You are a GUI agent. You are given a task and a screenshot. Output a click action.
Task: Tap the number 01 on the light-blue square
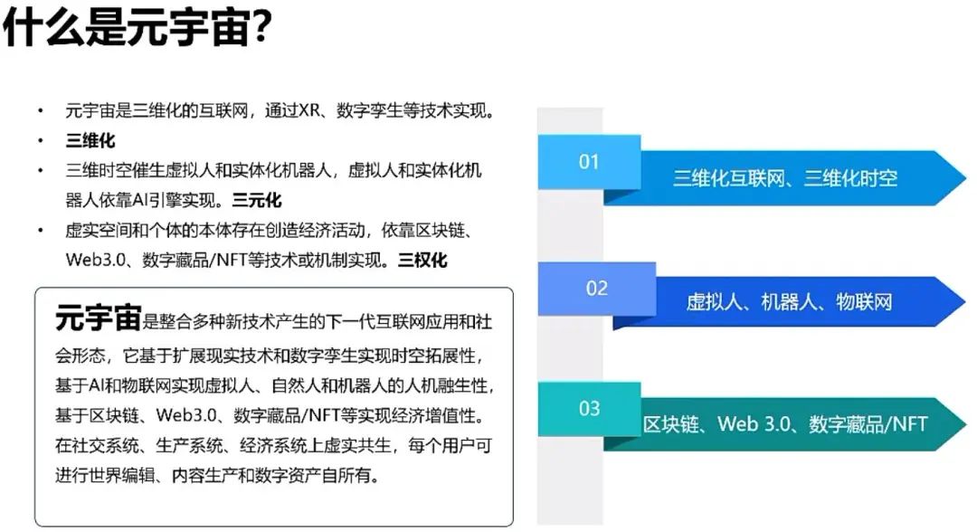click(589, 162)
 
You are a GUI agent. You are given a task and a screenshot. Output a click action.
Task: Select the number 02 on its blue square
click(596, 288)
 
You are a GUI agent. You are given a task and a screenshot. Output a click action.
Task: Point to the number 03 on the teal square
click(589, 409)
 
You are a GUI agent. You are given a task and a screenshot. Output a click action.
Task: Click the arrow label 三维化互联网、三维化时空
click(785, 179)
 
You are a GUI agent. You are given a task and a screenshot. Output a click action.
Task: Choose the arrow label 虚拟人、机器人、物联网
click(790, 302)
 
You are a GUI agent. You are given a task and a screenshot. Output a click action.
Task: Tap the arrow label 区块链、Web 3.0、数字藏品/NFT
click(785, 424)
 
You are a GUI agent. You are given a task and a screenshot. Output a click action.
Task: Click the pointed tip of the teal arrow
click(965, 423)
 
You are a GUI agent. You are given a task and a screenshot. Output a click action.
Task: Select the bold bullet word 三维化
click(90, 140)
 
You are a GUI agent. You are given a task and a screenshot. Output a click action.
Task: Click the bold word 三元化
click(257, 200)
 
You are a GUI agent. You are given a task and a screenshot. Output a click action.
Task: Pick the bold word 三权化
click(422, 260)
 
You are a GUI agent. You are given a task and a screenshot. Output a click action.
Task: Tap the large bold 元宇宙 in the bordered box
click(98, 318)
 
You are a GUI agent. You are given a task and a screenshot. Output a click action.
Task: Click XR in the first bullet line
click(309, 111)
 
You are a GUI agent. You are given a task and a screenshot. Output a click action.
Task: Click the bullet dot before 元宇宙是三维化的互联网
click(41, 111)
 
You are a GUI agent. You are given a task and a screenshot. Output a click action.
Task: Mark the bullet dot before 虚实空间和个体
click(41, 231)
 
